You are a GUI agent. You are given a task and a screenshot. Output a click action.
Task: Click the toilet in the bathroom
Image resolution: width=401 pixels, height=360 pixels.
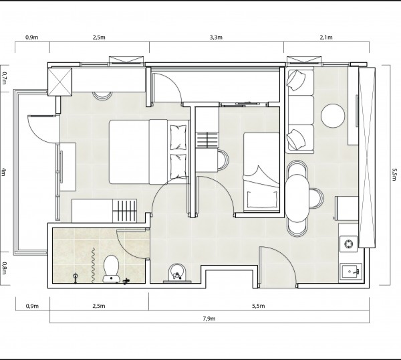[111, 268]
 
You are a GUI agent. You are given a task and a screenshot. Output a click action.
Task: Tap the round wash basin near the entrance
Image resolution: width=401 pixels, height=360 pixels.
[177, 272]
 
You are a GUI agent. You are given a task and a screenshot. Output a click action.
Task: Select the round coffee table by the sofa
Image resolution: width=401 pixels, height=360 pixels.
[333, 116]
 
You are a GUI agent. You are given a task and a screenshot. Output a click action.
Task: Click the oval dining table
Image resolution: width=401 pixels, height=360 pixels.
[297, 198]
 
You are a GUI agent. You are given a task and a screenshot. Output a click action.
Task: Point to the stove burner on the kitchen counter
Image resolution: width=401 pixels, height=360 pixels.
[348, 244]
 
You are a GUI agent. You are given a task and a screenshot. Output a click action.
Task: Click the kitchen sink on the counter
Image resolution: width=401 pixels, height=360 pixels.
[350, 273]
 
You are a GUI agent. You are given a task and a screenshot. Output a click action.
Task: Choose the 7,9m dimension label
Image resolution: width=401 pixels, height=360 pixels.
[209, 319]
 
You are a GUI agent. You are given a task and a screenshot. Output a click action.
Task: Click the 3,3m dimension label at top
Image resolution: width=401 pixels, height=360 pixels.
[216, 37]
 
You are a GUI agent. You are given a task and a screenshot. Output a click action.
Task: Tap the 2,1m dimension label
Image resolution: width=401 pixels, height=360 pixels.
[326, 37]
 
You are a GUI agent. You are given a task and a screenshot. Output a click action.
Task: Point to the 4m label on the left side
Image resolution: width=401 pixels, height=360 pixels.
[3, 171]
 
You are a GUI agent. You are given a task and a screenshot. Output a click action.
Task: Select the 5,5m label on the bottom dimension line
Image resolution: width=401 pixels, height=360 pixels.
[259, 306]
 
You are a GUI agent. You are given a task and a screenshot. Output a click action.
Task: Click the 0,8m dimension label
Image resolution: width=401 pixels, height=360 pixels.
[3, 268]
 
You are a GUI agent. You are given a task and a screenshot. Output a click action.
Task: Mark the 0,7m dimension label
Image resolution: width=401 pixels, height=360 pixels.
[4, 78]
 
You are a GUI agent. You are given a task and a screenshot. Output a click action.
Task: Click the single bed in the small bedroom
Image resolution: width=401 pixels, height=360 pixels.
[261, 172]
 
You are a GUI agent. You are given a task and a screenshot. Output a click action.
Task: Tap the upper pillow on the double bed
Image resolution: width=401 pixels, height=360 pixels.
[178, 137]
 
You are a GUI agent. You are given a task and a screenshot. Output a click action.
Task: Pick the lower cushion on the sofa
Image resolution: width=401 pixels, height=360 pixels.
[296, 140]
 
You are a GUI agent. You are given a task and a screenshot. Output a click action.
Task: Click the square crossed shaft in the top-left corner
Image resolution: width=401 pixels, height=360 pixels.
[60, 82]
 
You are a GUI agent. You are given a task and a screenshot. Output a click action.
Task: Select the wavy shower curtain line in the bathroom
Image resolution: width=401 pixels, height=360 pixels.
[94, 265]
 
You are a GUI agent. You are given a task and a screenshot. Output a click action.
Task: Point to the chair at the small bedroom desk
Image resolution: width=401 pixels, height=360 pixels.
[223, 160]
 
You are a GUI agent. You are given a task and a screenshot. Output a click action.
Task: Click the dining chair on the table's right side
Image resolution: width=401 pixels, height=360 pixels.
[316, 198]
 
